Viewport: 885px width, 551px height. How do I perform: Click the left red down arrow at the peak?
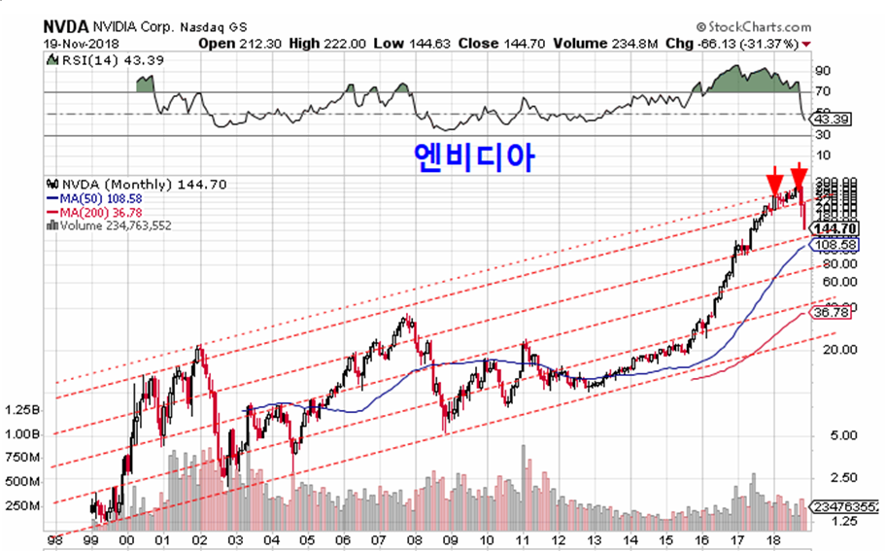(774, 180)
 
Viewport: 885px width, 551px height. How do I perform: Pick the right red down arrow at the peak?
(799, 178)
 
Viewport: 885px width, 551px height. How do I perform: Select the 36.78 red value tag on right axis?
(832, 313)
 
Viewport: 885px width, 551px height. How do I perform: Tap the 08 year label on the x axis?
(413, 539)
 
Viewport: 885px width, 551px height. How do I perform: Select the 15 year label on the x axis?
(664, 539)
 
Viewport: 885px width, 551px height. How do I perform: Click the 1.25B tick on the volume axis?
(21, 409)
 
